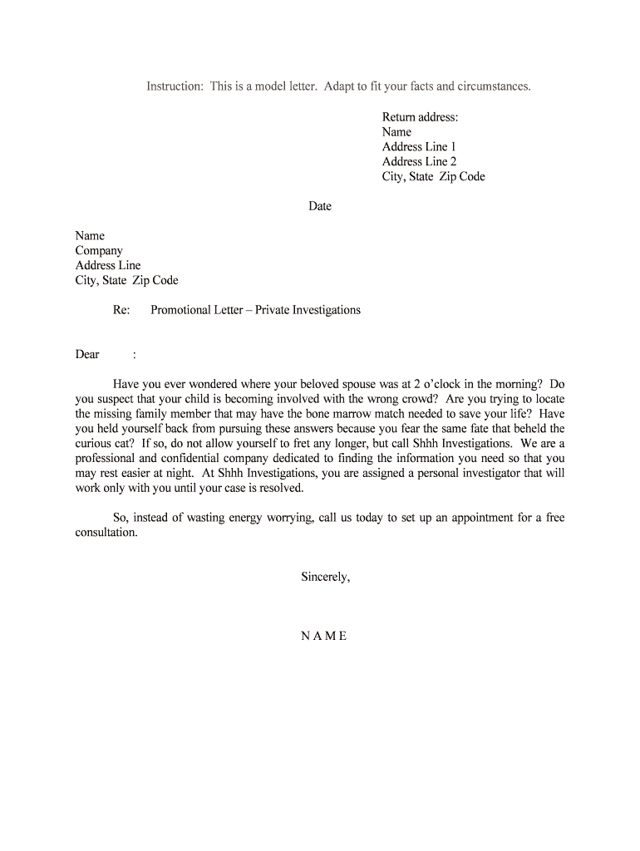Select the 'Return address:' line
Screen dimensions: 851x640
(420, 117)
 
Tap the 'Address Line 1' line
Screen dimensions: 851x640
(420, 147)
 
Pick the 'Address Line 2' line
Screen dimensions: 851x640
(420, 162)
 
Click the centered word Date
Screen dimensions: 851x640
(320, 206)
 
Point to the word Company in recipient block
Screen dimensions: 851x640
(99, 251)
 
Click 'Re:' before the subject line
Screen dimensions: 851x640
(121, 310)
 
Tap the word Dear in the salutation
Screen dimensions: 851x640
(87, 355)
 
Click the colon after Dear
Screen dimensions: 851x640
(135, 355)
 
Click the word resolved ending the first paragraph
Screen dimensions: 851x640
(281, 489)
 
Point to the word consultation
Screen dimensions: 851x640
(106, 533)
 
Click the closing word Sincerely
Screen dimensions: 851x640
(325, 577)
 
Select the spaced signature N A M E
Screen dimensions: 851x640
(323, 636)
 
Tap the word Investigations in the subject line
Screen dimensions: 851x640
(325, 310)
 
